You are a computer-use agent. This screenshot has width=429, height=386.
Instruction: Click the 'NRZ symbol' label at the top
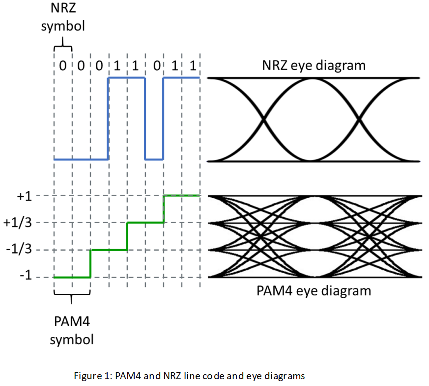pos(62,17)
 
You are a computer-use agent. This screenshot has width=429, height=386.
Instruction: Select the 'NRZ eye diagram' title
pos(314,65)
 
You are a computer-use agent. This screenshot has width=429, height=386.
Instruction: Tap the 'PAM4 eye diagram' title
pos(314,291)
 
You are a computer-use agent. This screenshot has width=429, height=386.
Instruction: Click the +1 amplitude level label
pos(24,196)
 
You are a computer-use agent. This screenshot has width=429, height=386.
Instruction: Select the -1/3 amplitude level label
pos(19,250)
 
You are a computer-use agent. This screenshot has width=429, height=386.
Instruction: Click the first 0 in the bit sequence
pos(62,65)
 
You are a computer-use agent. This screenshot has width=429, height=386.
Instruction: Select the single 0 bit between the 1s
pos(155,65)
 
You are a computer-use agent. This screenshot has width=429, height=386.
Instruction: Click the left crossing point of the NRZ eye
pos(264,119)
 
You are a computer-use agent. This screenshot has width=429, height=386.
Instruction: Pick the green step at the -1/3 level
pos(109,250)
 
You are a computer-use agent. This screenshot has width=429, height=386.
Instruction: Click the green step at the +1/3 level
pos(145,223)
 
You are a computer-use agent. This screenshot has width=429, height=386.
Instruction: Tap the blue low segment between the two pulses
pos(154,159)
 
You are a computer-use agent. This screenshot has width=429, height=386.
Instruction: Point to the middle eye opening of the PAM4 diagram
pos(313,237)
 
